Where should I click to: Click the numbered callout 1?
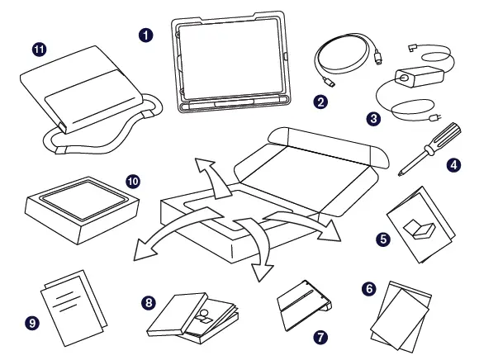pyautogui.click(x=146, y=36)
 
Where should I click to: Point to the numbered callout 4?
pyautogui.click(x=453, y=164)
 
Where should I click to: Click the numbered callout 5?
pyautogui.click(x=383, y=239)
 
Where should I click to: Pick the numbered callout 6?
pyautogui.click(x=369, y=288)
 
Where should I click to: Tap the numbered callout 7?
pyautogui.click(x=320, y=338)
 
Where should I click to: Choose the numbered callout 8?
pyautogui.click(x=149, y=303)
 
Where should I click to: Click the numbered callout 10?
pyautogui.click(x=132, y=179)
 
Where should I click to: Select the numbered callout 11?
pyautogui.click(x=39, y=50)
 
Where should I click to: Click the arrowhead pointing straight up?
pyautogui.click(x=201, y=164)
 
